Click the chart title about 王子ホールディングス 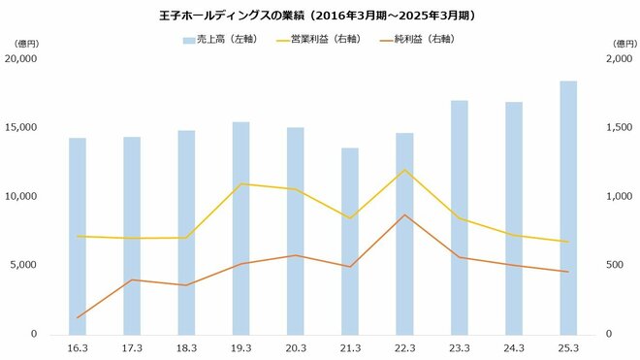click(320, 16)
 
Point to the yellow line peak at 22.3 click(404, 171)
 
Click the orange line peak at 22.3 click(404, 215)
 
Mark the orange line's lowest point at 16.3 click(77, 318)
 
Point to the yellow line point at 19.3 click(240, 183)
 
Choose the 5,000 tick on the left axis click(23, 265)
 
